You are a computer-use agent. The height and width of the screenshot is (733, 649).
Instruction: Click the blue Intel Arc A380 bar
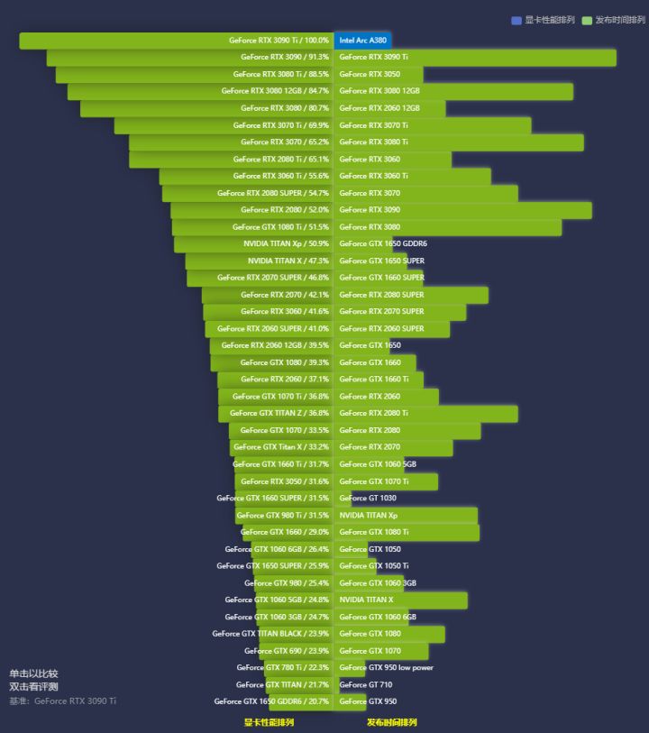tap(362, 40)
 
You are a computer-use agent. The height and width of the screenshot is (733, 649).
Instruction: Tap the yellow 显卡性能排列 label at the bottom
tap(269, 722)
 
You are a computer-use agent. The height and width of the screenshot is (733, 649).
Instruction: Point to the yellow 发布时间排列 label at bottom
tap(391, 722)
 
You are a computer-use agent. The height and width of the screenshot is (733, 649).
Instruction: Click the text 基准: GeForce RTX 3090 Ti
tap(63, 701)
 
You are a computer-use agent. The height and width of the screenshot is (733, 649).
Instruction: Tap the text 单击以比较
tap(33, 673)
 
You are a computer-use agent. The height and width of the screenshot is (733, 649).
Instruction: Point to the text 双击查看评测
tap(33, 687)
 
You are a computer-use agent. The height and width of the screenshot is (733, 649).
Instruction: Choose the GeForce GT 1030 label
tap(368, 498)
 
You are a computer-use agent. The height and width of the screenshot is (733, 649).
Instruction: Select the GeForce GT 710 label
tap(365, 684)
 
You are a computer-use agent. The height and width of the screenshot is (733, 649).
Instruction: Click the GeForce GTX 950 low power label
tap(386, 668)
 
